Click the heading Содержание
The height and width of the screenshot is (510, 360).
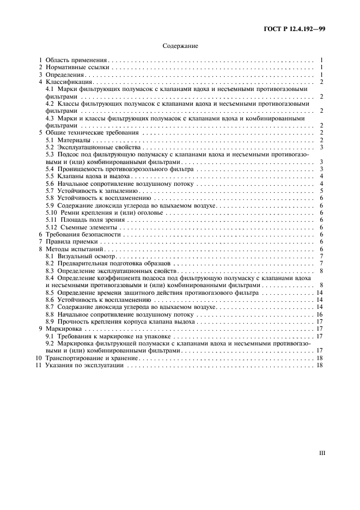point(180,46)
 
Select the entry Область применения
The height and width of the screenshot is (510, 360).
point(76,59)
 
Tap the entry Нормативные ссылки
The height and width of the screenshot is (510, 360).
point(77,67)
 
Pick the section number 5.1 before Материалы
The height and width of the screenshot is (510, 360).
point(50,140)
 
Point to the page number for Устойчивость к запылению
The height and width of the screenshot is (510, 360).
point(322,191)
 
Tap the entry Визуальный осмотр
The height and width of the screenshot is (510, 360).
point(87,256)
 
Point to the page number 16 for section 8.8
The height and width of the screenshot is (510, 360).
point(320,314)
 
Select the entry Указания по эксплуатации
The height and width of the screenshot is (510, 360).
point(84,366)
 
